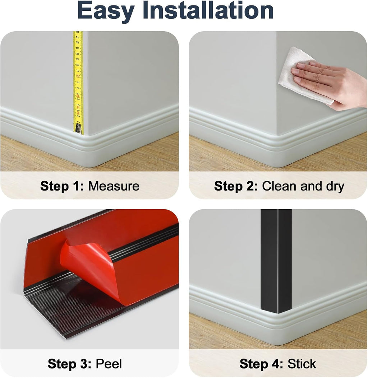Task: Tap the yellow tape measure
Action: click(78, 82)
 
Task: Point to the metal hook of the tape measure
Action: click(79, 129)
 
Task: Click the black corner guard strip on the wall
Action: click(276, 262)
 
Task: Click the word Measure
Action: click(114, 186)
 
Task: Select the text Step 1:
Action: click(62, 186)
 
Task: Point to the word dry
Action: click(335, 187)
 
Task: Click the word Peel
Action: click(109, 364)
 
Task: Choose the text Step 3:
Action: click(69, 364)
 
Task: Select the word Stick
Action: click(302, 364)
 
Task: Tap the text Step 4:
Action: click(261, 364)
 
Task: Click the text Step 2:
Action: click(236, 186)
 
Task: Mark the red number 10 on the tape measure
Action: click(78, 76)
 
